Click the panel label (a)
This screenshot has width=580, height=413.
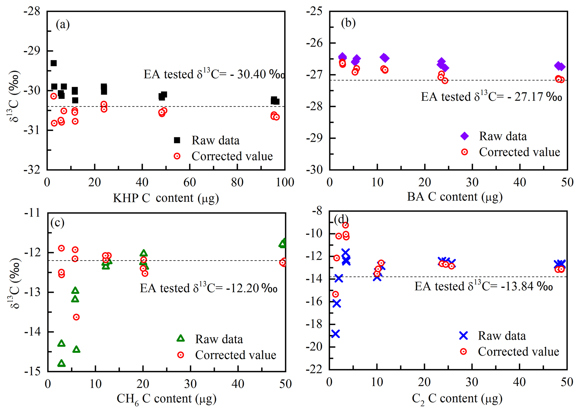point(63,24)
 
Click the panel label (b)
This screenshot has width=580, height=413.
point(348,23)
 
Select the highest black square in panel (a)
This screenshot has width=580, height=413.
point(54,63)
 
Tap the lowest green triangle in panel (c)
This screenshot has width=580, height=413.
point(61,363)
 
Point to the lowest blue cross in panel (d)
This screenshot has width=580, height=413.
point(336,334)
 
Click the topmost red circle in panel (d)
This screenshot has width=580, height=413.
point(345,225)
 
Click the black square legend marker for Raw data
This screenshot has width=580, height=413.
point(177,140)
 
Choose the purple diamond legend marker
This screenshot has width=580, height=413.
point(465,136)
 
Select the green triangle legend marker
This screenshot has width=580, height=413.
point(181,339)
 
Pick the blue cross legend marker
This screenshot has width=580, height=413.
point(464,336)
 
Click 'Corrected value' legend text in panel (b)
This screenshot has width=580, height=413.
point(519,152)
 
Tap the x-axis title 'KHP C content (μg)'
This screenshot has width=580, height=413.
point(166,198)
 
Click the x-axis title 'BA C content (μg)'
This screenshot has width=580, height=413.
point(455,197)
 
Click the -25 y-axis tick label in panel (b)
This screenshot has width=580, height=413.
point(315,12)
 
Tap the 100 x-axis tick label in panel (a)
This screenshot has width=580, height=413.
point(285,182)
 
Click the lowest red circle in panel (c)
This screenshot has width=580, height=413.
point(76,317)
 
